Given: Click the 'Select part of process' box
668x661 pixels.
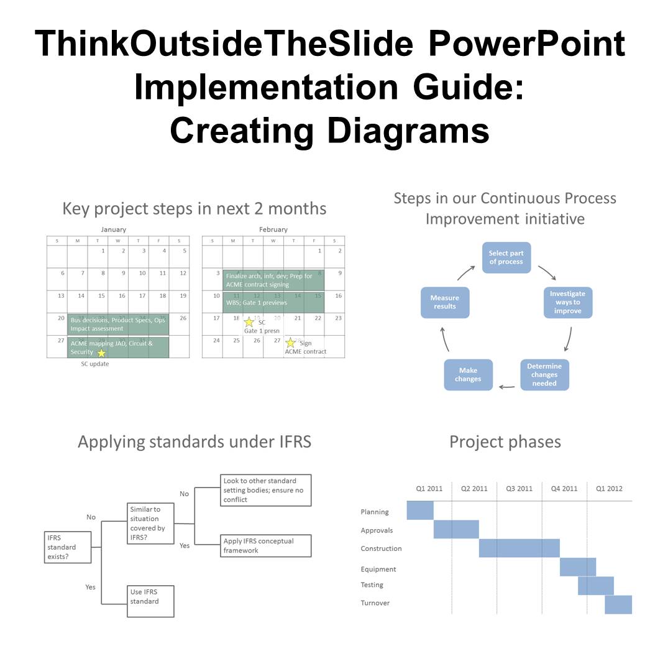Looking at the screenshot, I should point(506,257).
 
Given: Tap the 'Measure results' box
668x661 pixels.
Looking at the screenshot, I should point(444,302).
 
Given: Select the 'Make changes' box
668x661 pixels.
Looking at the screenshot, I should point(468,375).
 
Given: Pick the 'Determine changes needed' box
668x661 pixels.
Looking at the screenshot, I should point(544,375).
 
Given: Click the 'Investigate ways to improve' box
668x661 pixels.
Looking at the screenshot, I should point(568,302).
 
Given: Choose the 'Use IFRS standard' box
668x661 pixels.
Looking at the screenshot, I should point(150,601).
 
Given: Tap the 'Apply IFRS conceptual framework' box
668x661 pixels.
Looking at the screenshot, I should point(266,545).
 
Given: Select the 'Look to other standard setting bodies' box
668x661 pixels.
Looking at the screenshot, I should point(266,490).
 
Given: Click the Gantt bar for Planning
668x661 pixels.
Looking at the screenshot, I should point(420,510).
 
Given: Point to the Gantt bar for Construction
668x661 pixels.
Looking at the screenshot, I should point(519,548).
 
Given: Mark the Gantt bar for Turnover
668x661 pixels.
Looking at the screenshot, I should point(618,604).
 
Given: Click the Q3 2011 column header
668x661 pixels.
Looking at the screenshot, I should point(519,489).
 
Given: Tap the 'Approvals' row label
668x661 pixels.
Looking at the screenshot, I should point(377,530).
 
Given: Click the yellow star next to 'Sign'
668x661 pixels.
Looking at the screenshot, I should point(290,343).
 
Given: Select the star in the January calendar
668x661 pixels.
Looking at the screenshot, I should point(101,353).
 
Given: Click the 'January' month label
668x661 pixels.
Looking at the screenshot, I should point(113,229).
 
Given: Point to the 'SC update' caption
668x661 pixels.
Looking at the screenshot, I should point(94,364).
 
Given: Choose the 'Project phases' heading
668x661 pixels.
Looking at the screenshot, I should point(505,442).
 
